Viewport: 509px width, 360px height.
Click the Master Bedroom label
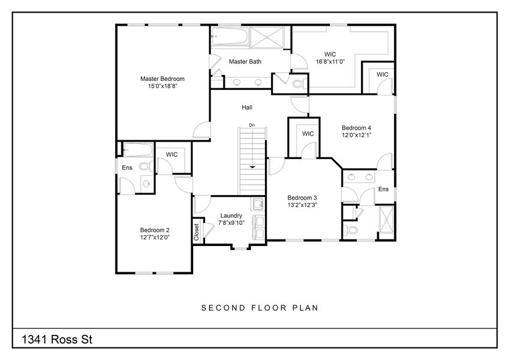coord(162,79)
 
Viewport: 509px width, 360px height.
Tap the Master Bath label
coord(245,61)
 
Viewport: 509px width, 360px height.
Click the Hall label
coord(246,107)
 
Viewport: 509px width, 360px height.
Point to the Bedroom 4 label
coord(357,128)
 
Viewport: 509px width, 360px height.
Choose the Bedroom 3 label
coord(302,198)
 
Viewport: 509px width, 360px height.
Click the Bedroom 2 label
coord(155,230)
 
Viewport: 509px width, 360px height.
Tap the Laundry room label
coord(231,216)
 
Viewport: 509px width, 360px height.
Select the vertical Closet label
coord(197,233)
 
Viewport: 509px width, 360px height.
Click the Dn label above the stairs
coord(252,125)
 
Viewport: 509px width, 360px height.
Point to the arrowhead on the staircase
coord(252,166)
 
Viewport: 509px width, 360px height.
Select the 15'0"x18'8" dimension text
coord(162,86)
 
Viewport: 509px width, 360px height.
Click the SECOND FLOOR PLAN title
coord(259,308)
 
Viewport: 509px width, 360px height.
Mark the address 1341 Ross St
coord(58,340)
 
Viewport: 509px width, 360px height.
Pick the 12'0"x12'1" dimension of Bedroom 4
coord(357,136)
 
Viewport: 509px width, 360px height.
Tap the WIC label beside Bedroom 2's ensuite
coord(172,155)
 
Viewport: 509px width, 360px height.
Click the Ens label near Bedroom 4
coord(383,189)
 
